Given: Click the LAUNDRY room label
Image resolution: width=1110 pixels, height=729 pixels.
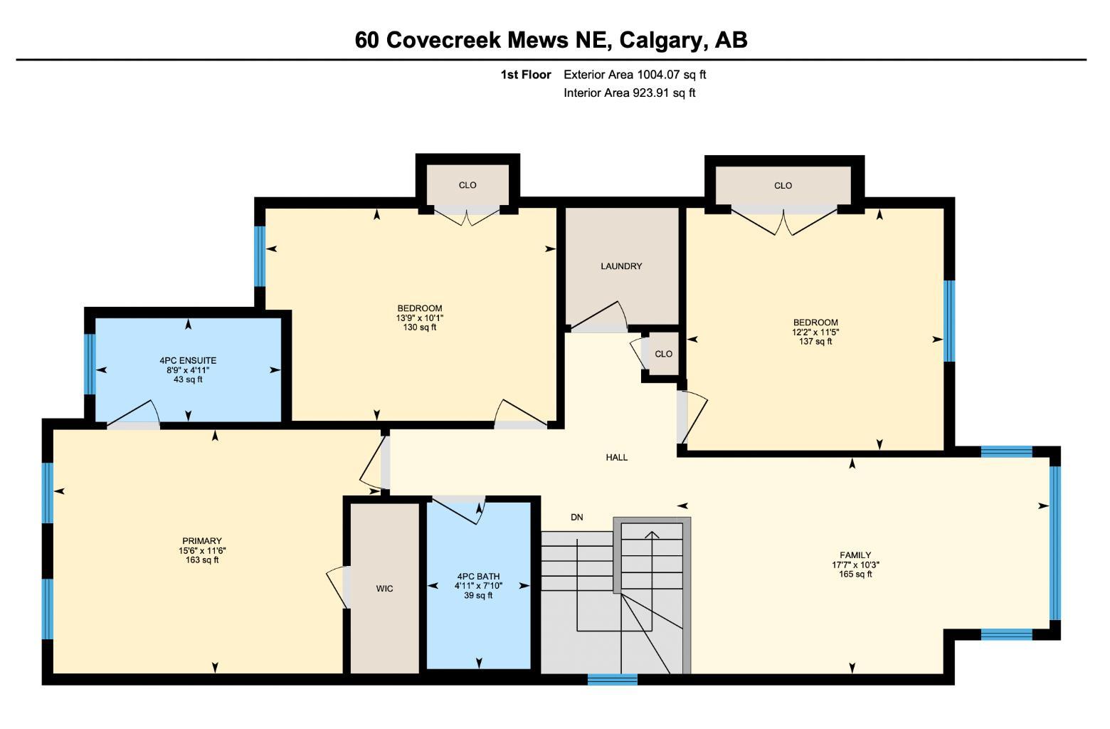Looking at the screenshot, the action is pyautogui.click(x=621, y=266).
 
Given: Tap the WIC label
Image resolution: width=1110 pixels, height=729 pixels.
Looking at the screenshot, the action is pyautogui.click(x=384, y=589).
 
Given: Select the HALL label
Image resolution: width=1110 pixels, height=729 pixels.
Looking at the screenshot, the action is pyautogui.click(x=617, y=457).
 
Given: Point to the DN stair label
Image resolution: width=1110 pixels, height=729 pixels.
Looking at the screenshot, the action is pyautogui.click(x=577, y=518).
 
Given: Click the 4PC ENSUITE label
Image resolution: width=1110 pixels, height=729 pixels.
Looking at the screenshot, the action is pyautogui.click(x=188, y=360).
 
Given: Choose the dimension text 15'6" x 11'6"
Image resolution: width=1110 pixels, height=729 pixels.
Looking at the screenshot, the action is pyautogui.click(x=202, y=550).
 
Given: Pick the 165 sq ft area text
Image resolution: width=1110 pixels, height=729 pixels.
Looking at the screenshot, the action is pyautogui.click(x=855, y=575).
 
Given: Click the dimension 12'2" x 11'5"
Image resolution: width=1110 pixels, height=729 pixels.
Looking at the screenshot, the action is pyautogui.click(x=815, y=332).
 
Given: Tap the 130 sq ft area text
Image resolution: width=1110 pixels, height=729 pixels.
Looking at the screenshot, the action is pyautogui.click(x=420, y=327).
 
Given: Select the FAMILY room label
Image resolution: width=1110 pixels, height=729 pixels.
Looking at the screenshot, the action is pyautogui.click(x=855, y=555).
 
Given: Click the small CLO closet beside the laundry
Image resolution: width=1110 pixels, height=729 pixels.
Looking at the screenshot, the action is pyautogui.click(x=664, y=354).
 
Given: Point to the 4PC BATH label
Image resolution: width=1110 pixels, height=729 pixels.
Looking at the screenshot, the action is pyautogui.click(x=478, y=576).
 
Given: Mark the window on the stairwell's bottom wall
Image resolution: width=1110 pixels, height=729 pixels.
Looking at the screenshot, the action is pyautogui.click(x=613, y=679).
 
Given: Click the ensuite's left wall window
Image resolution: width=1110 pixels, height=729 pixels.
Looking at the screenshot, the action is pyautogui.click(x=90, y=364).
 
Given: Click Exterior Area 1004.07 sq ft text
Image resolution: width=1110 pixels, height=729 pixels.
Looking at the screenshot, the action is pyautogui.click(x=635, y=75).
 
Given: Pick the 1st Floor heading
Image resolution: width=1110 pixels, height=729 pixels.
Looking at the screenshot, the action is pyautogui.click(x=526, y=75).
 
